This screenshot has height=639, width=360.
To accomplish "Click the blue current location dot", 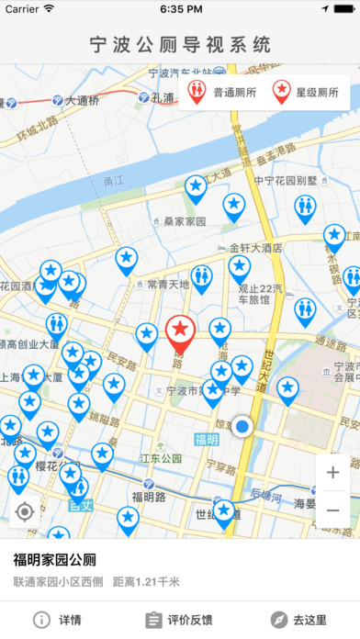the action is click(x=242, y=427).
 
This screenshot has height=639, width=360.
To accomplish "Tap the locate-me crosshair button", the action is click(x=25, y=511).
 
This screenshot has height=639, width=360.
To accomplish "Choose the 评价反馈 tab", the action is click(x=179, y=620).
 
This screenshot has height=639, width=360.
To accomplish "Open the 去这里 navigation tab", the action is click(x=299, y=620).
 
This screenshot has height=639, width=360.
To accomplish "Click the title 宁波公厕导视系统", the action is click(x=180, y=43).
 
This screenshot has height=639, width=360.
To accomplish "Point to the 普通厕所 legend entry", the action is click(x=224, y=93).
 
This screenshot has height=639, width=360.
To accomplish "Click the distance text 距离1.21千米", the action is click(x=146, y=581).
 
